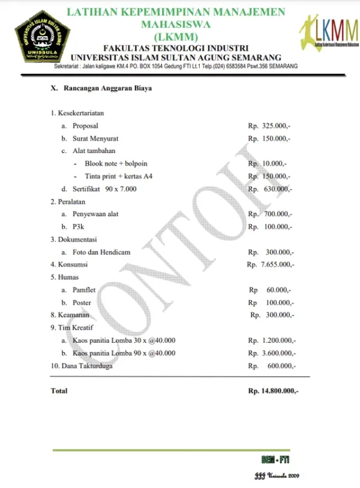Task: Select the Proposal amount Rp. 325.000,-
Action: point(269,126)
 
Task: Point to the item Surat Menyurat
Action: point(96,139)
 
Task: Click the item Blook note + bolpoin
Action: point(116,164)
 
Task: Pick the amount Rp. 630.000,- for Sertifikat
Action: point(269,189)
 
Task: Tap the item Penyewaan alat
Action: point(100,214)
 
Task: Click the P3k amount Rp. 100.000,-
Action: point(269,227)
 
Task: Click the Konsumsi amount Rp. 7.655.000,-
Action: point(271,265)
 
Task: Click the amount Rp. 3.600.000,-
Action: point(272,353)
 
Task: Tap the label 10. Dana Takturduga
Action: point(82,366)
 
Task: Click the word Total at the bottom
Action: point(59,391)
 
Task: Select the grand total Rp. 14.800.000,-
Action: point(273,391)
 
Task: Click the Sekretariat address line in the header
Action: point(176,66)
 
